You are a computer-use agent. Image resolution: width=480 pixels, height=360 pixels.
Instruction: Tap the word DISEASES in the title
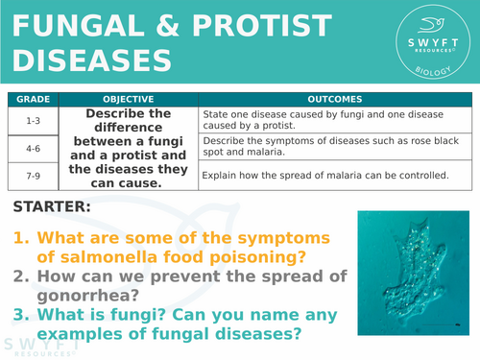click(92, 60)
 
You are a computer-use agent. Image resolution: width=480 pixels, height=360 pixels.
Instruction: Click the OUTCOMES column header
click(334, 98)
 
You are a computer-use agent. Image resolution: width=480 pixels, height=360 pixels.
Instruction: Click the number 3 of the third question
click(19, 315)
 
